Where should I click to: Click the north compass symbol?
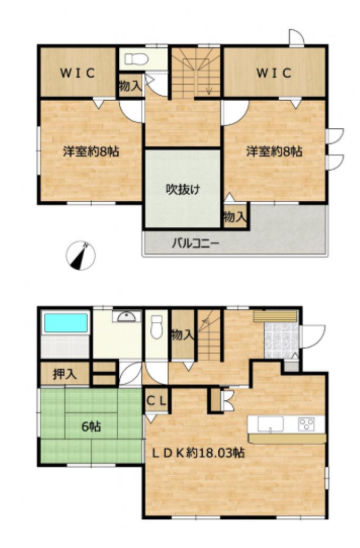(x=81, y=255)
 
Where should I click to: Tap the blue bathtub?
(x=65, y=323)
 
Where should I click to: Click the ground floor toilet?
(x=157, y=327)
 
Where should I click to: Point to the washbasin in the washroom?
(x=126, y=316)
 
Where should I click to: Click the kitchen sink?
(x=270, y=424)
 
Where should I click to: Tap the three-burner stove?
(x=306, y=424)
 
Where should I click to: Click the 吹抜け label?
(x=182, y=190)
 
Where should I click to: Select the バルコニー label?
(x=195, y=243)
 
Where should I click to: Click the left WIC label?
(x=78, y=73)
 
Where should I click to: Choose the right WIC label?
(x=274, y=73)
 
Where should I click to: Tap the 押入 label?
(x=65, y=374)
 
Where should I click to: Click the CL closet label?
(x=156, y=401)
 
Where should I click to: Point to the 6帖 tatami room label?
(x=91, y=427)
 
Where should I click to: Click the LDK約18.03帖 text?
(x=197, y=453)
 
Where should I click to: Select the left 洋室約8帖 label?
(x=91, y=151)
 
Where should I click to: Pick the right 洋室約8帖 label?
(x=274, y=151)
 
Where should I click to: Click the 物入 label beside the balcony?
(x=235, y=217)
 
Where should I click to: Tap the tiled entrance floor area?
(x=281, y=340)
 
